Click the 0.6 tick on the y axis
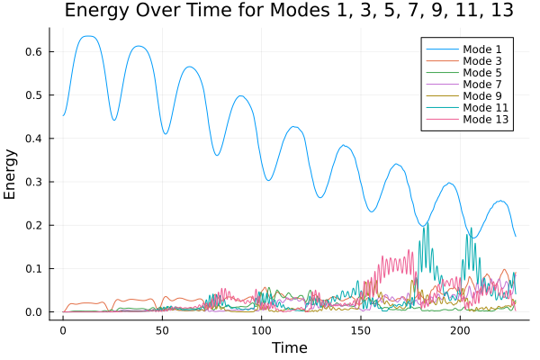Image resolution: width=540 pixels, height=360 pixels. click(34, 51)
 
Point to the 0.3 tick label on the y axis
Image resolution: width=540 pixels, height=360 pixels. click(34, 182)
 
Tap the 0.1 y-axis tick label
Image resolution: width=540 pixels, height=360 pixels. click(34, 269)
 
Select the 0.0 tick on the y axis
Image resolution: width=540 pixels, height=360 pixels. click(34, 312)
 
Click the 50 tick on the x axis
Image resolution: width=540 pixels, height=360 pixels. click(162, 330)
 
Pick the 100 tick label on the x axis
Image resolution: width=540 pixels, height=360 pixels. click(261, 330)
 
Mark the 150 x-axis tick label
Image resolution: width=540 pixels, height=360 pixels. click(360, 330)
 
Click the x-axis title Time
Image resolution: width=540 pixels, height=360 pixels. click(289, 347)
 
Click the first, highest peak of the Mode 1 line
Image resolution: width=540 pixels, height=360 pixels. click(87, 36)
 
